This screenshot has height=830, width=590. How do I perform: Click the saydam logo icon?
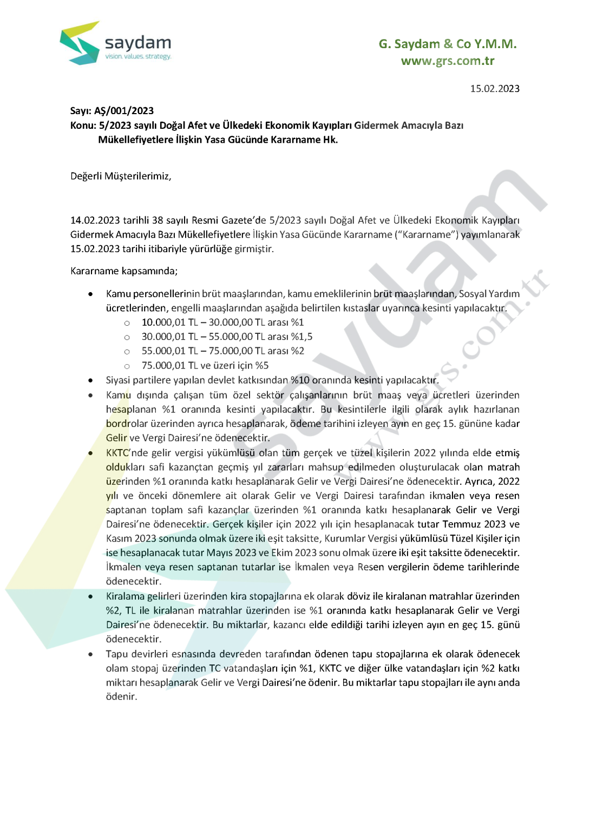tap(80, 43)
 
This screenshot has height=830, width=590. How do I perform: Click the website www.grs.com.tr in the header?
tap(447, 61)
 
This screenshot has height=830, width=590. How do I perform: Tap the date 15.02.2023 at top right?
tap(494, 89)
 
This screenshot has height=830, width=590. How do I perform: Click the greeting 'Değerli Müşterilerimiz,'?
tap(121, 176)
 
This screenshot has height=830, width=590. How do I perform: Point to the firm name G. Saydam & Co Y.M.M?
tap(447, 44)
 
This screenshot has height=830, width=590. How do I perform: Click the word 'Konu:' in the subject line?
tap(83, 126)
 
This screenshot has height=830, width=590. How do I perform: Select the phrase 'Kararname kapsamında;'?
tap(124, 271)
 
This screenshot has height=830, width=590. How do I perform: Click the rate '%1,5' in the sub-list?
tap(301, 337)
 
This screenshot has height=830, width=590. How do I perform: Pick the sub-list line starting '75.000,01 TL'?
tap(205, 366)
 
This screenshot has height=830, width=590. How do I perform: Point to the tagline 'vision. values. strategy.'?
tap(138, 56)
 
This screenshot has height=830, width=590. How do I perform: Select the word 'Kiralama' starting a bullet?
tap(125, 596)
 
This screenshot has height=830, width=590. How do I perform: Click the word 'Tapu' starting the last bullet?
tap(117, 654)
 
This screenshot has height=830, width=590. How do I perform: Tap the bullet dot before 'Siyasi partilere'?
tap(90, 380)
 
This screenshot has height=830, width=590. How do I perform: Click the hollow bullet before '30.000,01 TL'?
tap(127, 337)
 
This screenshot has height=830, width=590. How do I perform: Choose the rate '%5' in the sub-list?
tap(262, 366)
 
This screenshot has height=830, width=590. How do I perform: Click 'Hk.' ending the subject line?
tap(330, 140)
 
